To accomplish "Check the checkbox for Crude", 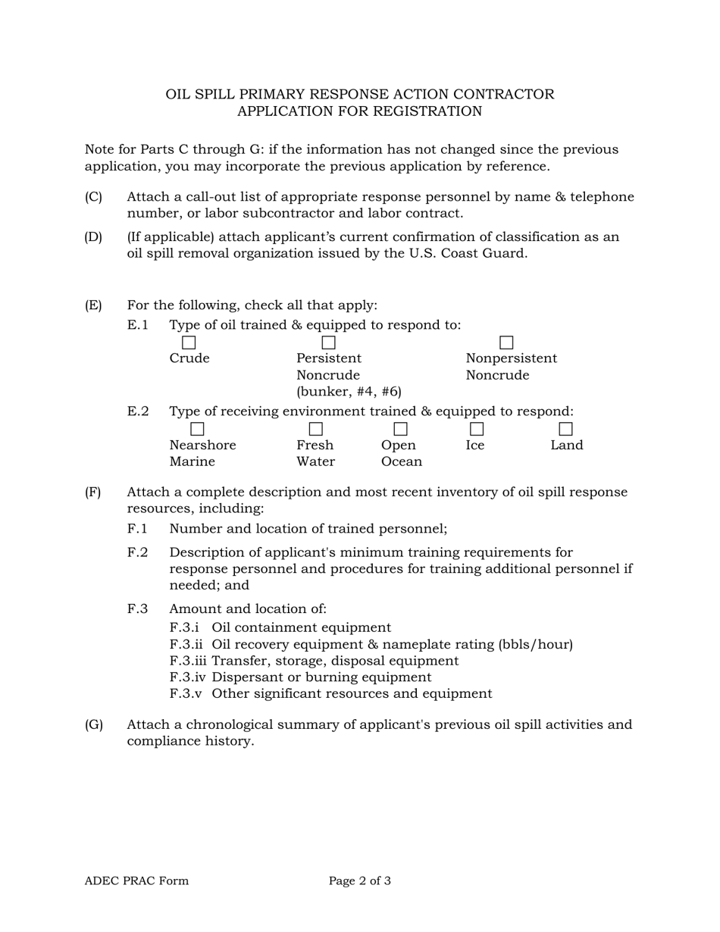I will point(189,343).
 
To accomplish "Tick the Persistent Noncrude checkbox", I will point(328,343).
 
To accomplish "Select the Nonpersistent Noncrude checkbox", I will point(506,343).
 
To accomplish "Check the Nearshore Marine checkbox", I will point(197,430).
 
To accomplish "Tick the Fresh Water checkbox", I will point(315,430).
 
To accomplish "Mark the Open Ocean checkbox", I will point(400,430).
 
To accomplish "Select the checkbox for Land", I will point(565,430).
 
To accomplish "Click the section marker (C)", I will point(93,197).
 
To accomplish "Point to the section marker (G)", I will point(94,724).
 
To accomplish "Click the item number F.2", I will point(137,552).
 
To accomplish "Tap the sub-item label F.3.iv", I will point(189,677).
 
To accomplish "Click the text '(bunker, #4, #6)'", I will point(349,392).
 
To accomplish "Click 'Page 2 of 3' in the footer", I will point(360,880).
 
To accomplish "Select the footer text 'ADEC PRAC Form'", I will point(136,880).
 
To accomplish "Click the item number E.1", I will point(137,325).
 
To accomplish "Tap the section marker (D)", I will point(93,237).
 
